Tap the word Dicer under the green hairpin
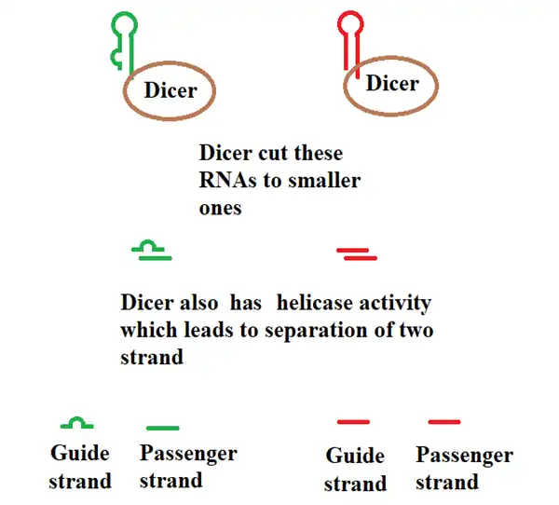pos(170,90)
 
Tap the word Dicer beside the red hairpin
pos(392,83)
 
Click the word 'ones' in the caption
pos(220,208)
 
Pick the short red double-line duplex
pos(357,252)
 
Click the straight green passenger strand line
pos(162,428)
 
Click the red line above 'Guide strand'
pos(353,422)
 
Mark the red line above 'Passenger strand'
pos(444,422)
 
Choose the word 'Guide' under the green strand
pos(80,455)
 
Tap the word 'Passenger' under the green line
pos(187,455)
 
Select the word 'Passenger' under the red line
pos(464,456)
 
